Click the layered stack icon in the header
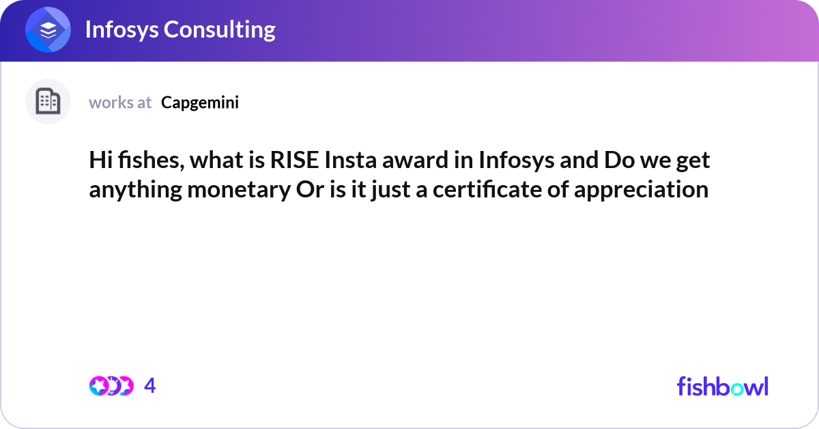[48, 31]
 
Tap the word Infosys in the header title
[121, 29]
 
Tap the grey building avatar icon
[48, 102]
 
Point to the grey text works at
[120, 102]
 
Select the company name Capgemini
[200, 102]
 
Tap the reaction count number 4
[150, 386]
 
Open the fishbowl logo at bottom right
[722, 386]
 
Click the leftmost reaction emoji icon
[99, 386]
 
